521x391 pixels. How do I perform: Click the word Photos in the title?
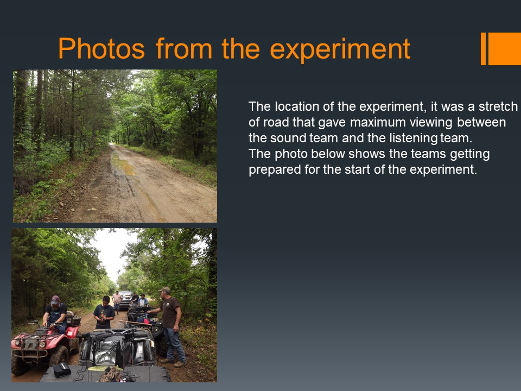101,49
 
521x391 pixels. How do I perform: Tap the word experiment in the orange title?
340,49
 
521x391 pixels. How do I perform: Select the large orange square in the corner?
505,48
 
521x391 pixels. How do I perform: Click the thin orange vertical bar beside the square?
483,48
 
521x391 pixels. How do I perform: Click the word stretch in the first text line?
498,106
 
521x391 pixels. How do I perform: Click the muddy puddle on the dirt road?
124,165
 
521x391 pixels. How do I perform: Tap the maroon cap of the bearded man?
55,300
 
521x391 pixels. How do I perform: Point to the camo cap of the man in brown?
165,290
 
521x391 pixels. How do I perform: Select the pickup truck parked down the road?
125,300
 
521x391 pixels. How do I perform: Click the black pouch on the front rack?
62,370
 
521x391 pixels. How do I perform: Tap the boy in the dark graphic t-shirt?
104,313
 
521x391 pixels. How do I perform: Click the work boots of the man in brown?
174,362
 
